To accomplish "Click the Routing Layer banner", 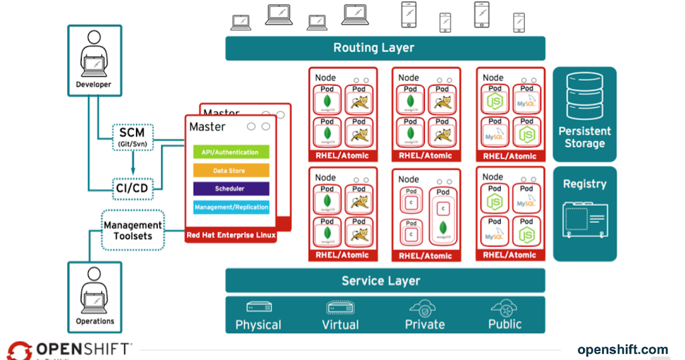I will tap(385, 48).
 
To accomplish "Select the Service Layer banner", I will tap(385, 281).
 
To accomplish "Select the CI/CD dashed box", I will tap(133, 187).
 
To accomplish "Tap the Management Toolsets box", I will tap(133, 230).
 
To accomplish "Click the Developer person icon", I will tap(94, 54).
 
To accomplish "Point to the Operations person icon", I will tap(94, 291).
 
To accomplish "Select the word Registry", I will tap(584, 184).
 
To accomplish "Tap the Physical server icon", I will tap(258, 307).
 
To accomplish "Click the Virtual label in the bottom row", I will tap(340, 325).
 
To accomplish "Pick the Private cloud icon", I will tap(424, 309).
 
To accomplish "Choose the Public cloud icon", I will tap(504, 309).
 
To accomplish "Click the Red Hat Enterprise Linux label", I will tap(231, 235).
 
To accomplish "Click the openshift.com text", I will tap(623, 350).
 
